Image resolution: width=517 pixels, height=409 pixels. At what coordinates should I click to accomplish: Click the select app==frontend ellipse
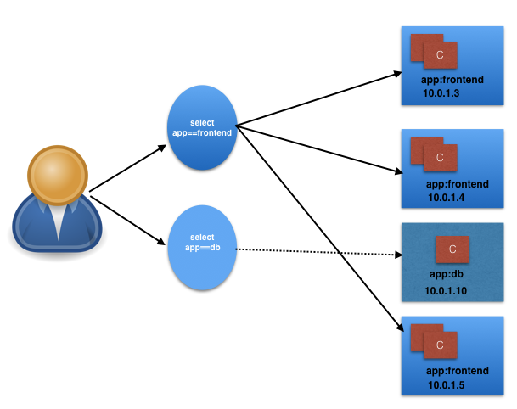(x=202, y=127)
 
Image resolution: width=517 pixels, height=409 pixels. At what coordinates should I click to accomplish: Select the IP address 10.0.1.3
(x=441, y=93)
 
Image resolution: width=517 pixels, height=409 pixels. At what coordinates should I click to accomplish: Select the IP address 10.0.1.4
(x=446, y=197)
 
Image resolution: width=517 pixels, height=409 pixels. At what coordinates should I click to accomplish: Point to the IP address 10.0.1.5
(x=446, y=385)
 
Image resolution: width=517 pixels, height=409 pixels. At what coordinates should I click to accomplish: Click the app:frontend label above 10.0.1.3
(x=452, y=80)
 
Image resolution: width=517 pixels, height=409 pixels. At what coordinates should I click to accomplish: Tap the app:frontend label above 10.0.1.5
(x=457, y=371)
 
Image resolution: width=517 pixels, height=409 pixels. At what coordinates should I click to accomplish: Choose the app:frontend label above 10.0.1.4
(x=457, y=184)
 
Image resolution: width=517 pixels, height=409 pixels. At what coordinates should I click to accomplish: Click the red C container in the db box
(x=452, y=249)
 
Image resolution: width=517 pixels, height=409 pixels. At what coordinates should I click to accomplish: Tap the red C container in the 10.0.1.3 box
(x=440, y=55)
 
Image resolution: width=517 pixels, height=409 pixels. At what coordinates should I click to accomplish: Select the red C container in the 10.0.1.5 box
(x=440, y=345)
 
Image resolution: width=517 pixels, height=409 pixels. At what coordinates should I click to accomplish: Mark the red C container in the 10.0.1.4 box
(x=440, y=158)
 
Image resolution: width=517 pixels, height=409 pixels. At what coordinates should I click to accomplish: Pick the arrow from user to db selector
(x=127, y=221)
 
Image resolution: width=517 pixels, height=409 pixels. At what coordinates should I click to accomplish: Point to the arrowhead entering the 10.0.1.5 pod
(x=399, y=328)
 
